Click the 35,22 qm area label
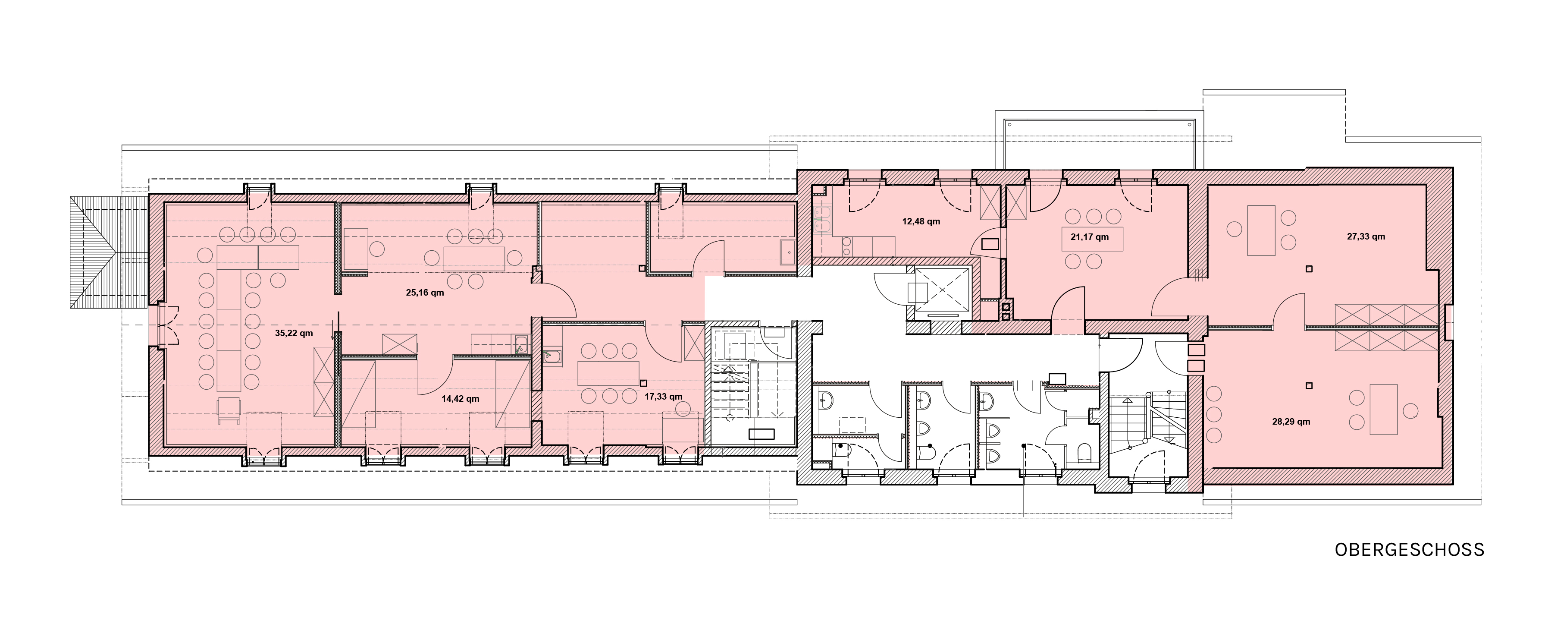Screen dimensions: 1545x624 pyautogui.click(x=294, y=334)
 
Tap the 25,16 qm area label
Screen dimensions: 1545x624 pyautogui.click(x=425, y=293)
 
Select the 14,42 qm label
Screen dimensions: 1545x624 pyautogui.click(x=460, y=398)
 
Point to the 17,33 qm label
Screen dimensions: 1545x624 pyautogui.click(x=663, y=397)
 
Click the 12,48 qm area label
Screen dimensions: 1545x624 pyautogui.click(x=921, y=221)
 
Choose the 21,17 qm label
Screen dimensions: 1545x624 pyautogui.click(x=1090, y=237)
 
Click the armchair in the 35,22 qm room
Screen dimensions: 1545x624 pyautogui.click(x=229, y=410)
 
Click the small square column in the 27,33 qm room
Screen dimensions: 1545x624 pyautogui.click(x=1310, y=269)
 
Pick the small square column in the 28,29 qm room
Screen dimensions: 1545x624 pyautogui.click(x=1310, y=386)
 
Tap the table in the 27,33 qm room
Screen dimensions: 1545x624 pyautogui.click(x=1261, y=230)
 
